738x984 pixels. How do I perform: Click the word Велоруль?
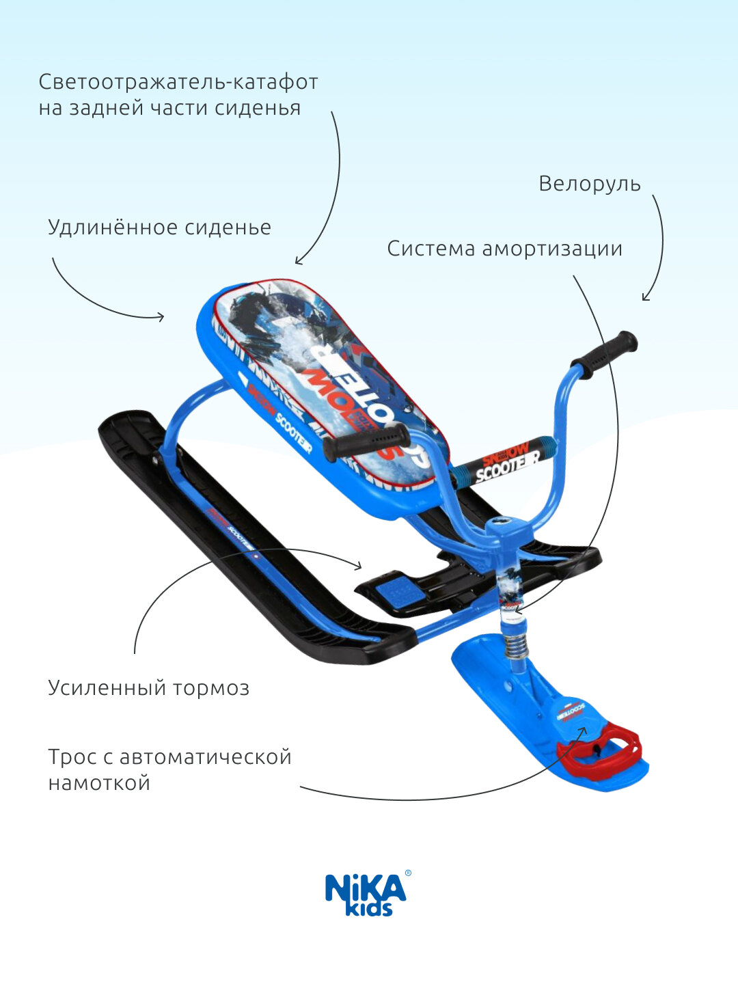click(590, 184)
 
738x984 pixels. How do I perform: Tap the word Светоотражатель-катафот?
click(178, 82)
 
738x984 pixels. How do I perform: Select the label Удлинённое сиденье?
click(159, 227)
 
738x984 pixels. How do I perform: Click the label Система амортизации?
click(504, 248)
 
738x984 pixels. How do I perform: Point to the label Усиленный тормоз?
click(149, 687)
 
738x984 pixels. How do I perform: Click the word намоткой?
click(99, 782)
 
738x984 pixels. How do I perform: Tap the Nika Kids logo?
click(366, 894)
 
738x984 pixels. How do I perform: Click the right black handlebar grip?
click(604, 353)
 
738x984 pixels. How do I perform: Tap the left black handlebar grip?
click(366, 443)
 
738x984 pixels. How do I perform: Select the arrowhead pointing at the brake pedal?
click(359, 565)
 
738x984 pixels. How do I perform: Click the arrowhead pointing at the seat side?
click(161, 316)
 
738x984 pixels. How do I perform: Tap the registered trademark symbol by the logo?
click(408, 873)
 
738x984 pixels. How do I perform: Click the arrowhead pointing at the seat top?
click(298, 261)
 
